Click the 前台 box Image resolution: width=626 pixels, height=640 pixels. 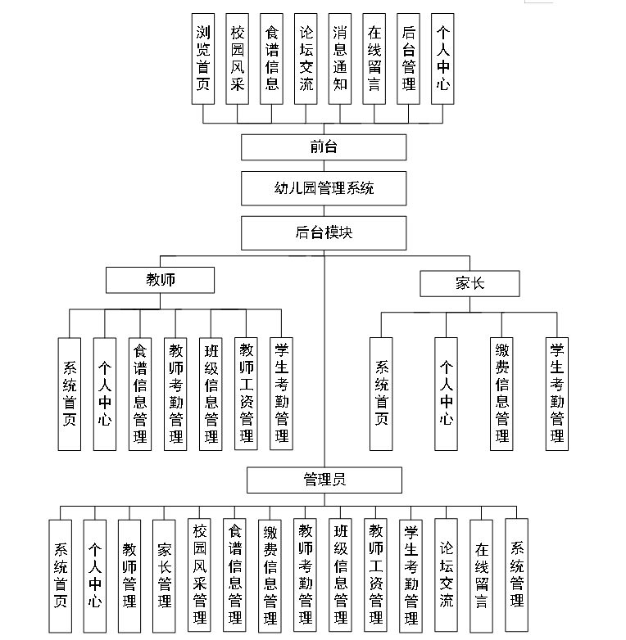coord(324,147)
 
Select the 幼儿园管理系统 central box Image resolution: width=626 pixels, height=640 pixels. coord(324,188)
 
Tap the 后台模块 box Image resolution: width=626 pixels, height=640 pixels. coord(324,232)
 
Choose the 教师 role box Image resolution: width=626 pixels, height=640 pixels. coord(160,281)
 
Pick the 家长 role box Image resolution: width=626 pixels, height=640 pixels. coord(469,284)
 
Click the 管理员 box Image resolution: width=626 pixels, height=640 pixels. coord(324,480)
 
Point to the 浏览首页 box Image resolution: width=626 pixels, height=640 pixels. coord(203,58)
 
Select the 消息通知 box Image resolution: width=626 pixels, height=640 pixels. coord(340,58)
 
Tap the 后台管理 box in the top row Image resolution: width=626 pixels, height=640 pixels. coord(408,58)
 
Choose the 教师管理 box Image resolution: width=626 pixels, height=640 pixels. coord(129,575)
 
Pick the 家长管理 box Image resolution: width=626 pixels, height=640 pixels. coord(164,575)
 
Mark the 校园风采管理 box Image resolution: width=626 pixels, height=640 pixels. coord(199,575)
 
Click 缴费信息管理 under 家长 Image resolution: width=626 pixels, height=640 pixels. coord(501,393)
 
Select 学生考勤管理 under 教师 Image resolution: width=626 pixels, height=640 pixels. coord(281,393)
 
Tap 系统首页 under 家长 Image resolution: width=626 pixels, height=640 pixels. coord(381,393)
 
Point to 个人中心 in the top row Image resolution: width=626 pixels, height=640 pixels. coord(442,58)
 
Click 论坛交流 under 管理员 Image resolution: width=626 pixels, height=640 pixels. coord(446,575)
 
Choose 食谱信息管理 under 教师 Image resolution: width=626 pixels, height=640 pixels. coord(140,393)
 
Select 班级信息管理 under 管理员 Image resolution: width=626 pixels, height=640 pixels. coord(340,575)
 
